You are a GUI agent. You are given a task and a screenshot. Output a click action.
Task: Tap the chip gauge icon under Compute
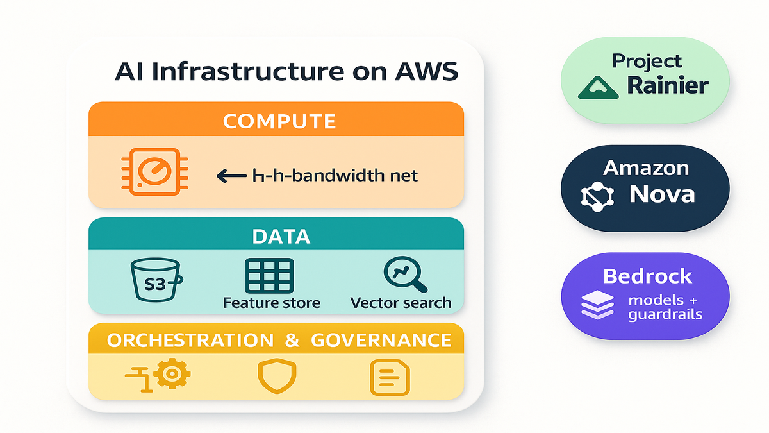click(x=151, y=171)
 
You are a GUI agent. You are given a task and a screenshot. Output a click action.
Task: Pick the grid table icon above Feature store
click(x=269, y=276)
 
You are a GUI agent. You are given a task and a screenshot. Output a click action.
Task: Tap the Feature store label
click(x=272, y=302)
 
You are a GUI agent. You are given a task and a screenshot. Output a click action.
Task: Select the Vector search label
click(x=401, y=302)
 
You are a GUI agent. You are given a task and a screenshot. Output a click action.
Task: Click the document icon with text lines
click(x=390, y=377)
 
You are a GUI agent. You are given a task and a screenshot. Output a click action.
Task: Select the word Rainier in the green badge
click(x=668, y=85)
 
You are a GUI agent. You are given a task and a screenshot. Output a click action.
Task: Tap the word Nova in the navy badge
click(x=662, y=193)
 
